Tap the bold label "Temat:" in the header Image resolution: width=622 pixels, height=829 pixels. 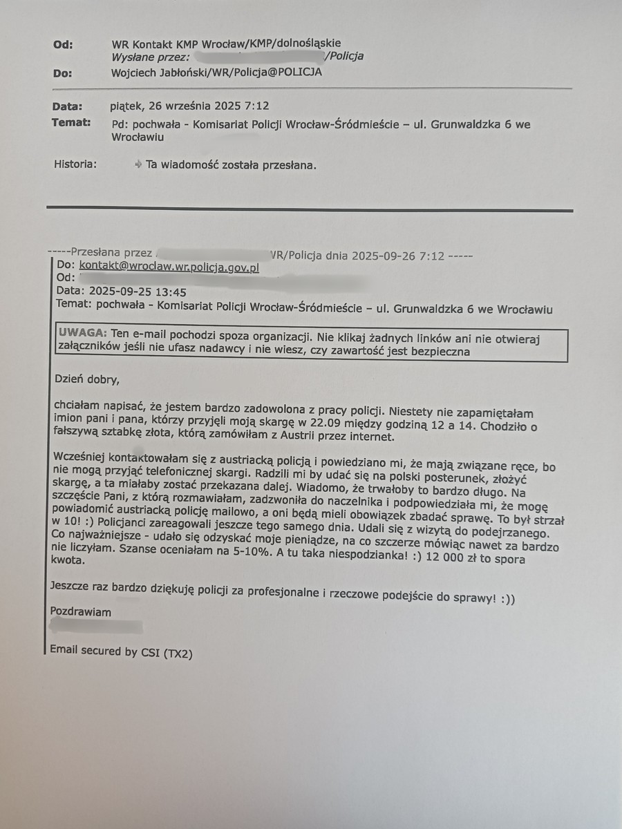(71, 123)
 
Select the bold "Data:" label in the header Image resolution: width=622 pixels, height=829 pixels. (67, 106)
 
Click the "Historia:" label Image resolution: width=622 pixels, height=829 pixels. (75, 164)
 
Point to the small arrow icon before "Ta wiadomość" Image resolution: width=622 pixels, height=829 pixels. (139, 164)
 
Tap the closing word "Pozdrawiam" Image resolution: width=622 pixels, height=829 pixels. (81, 611)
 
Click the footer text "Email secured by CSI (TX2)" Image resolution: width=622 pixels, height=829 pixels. (121, 651)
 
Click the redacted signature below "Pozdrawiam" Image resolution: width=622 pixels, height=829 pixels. (97, 627)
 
